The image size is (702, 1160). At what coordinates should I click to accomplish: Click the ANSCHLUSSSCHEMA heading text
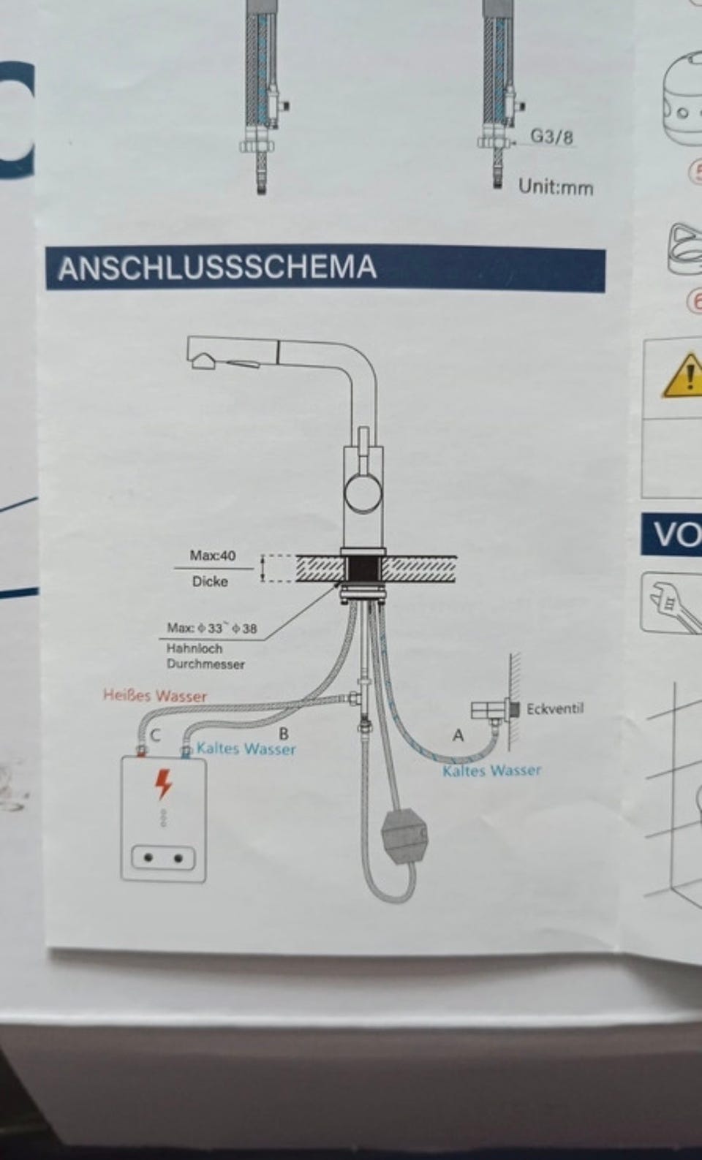(217, 268)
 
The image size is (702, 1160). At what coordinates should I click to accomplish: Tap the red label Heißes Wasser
(155, 695)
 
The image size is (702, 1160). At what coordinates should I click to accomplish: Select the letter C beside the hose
(156, 735)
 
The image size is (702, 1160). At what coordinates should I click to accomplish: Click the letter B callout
(284, 734)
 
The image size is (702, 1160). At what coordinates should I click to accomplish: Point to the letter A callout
(458, 735)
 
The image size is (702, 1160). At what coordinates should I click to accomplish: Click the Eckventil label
(555, 708)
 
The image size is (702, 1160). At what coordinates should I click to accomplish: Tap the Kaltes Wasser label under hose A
(491, 770)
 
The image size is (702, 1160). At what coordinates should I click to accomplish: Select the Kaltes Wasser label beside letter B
(246, 748)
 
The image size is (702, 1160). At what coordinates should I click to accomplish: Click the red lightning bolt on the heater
(163, 784)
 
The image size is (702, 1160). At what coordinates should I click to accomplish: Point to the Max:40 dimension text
(212, 556)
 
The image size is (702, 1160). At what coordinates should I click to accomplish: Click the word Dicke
(210, 582)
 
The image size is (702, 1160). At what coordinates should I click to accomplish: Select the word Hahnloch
(195, 648)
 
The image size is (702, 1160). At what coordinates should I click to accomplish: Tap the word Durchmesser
(205, 664)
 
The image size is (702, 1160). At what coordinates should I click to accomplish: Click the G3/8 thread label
(552, 137)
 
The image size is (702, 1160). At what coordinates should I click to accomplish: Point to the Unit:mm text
(556, 187)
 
